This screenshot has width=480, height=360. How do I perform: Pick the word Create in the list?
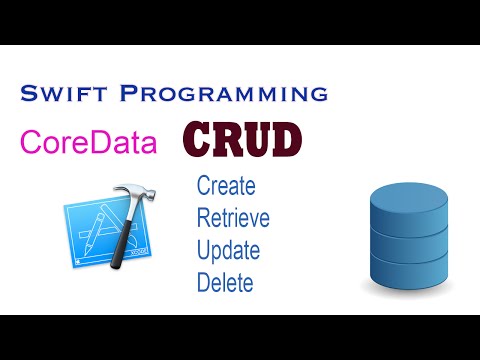(226, 186)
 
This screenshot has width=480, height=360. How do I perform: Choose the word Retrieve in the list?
(233, 218)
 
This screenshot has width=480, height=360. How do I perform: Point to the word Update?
(229, 250)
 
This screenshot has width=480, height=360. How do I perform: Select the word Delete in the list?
(225, 281)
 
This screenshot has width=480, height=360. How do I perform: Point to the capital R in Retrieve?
(204, 218)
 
